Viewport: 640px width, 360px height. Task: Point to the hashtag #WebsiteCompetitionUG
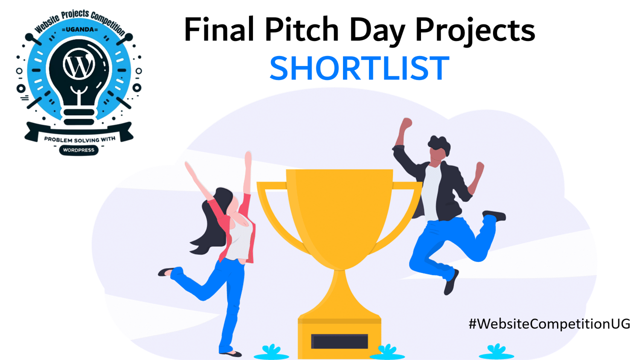pyautogui.click(x=549, y=323)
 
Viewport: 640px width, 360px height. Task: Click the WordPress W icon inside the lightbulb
pyautogui.click(x=78, y=65)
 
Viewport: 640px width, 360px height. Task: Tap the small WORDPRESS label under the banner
pyautogui.click(x=78, y=149)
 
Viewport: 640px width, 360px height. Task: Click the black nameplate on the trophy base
pyautogui.click(x=339, y=341)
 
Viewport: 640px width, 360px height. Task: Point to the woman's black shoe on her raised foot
pyautogui.click(x=166, y=272)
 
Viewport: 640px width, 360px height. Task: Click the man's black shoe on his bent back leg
pyautogui.click(x=494, y=215)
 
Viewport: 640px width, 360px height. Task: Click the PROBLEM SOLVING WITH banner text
pyautogui.click(x=78, y=138)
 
